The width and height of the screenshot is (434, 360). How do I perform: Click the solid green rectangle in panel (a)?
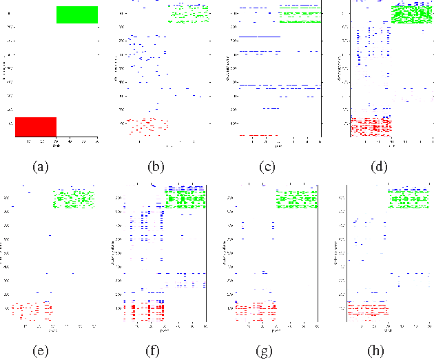point(77,14)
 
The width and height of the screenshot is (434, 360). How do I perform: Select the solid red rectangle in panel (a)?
point(35,126)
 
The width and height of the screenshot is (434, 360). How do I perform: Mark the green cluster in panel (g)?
point(296,200)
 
